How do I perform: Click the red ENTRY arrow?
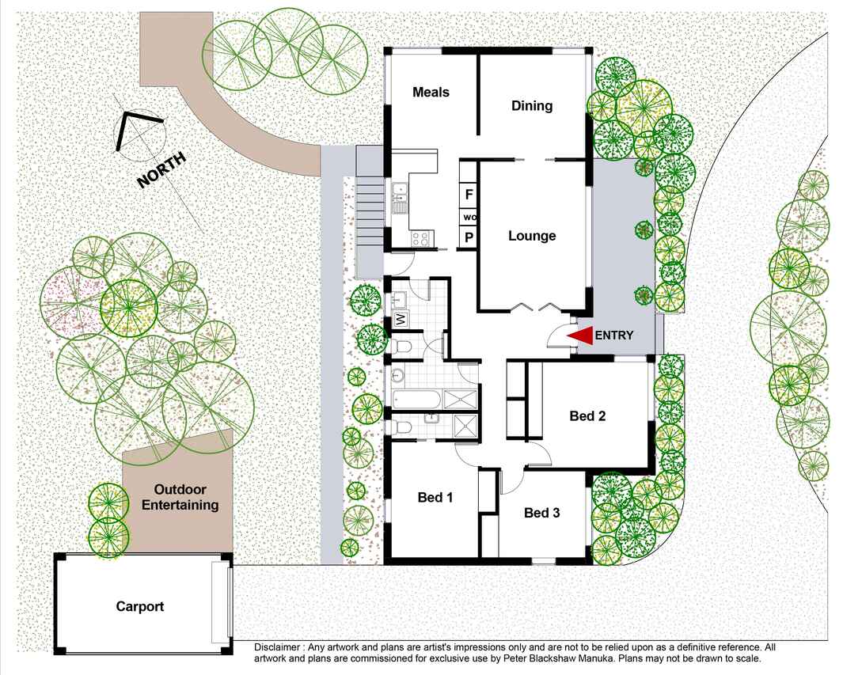pyautogui.click(x=580, y=336)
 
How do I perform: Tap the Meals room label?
pyautogui.click(x=431, y=92)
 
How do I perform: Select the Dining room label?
pyautogui.click(x=532, y=106)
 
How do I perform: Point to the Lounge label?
pyautogui.click(x=532, y=236)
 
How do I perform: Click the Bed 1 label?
pyautogui.click(x=435, y=498)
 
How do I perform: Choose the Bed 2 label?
pyautogui.click(x=587, y=416)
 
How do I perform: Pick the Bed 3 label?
pyautogui.click(x=542, y=514)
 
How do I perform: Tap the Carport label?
pyautogui.click(x=140, y=607)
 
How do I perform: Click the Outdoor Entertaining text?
pyautogui.click(x=180, y=497)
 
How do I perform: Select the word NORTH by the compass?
pyautogui.click(x=161, y=170)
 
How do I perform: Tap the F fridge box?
pyautogui.click(x=469, y=195)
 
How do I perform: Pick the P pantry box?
pyautogui.click(x=469, y=237)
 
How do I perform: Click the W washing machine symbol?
pyautogui.click(x=401, y=320)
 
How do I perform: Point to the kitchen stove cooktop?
pyautogui.click(x=421, y=239)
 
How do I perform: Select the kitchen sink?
pyautogui.click(x=399, y=198)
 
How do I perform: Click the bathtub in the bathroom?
pyautogui.click(x=417, y=400)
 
